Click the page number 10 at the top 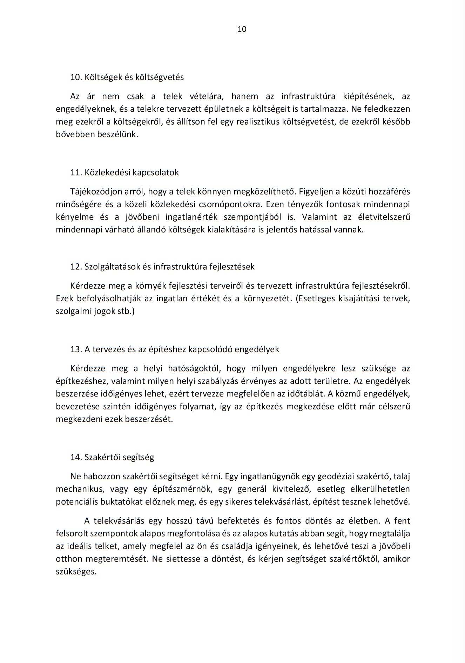tap(242, 29)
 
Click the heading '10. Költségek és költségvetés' tap(127, 77)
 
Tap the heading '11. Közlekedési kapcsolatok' tap(124, 172)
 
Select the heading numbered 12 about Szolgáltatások tap(162, 267)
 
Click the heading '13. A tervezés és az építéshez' tap(175, 349)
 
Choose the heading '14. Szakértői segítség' tap(112, 457)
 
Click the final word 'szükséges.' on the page tap(76, 571)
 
